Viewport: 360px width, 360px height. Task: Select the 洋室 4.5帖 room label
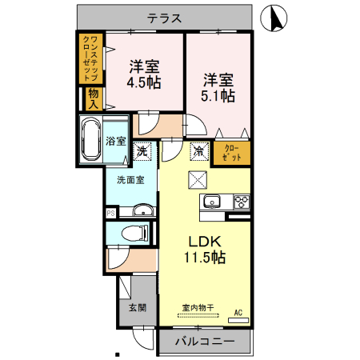[145, 73]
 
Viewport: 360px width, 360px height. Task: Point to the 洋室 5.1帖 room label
[218, 87]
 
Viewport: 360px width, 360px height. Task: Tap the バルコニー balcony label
[206, 341]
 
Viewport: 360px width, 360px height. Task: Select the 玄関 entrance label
[137, 307]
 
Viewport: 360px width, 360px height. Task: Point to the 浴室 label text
[116, 142]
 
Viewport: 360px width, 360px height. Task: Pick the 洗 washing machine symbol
[141, 149]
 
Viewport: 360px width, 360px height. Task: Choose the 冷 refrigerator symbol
[198, 149]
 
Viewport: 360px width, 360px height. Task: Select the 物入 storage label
[94, 99]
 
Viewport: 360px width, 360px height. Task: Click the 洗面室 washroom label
[130, 180]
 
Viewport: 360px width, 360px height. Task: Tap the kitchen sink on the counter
[211, 201]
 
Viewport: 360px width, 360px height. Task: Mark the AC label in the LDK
[238, 312]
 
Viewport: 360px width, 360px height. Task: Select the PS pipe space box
[110, 213]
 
